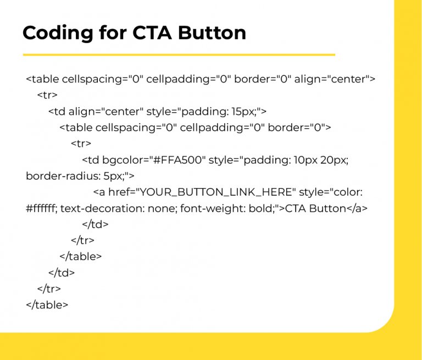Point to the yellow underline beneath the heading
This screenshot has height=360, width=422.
(x=179, y=55)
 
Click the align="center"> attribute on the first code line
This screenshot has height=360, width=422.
(x=335, y=79)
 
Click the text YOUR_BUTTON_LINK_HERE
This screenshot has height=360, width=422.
(x=217, y=192)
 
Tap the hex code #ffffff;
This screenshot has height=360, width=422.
(x=43, y=208)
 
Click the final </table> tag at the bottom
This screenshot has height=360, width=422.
(x=47, y=304)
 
